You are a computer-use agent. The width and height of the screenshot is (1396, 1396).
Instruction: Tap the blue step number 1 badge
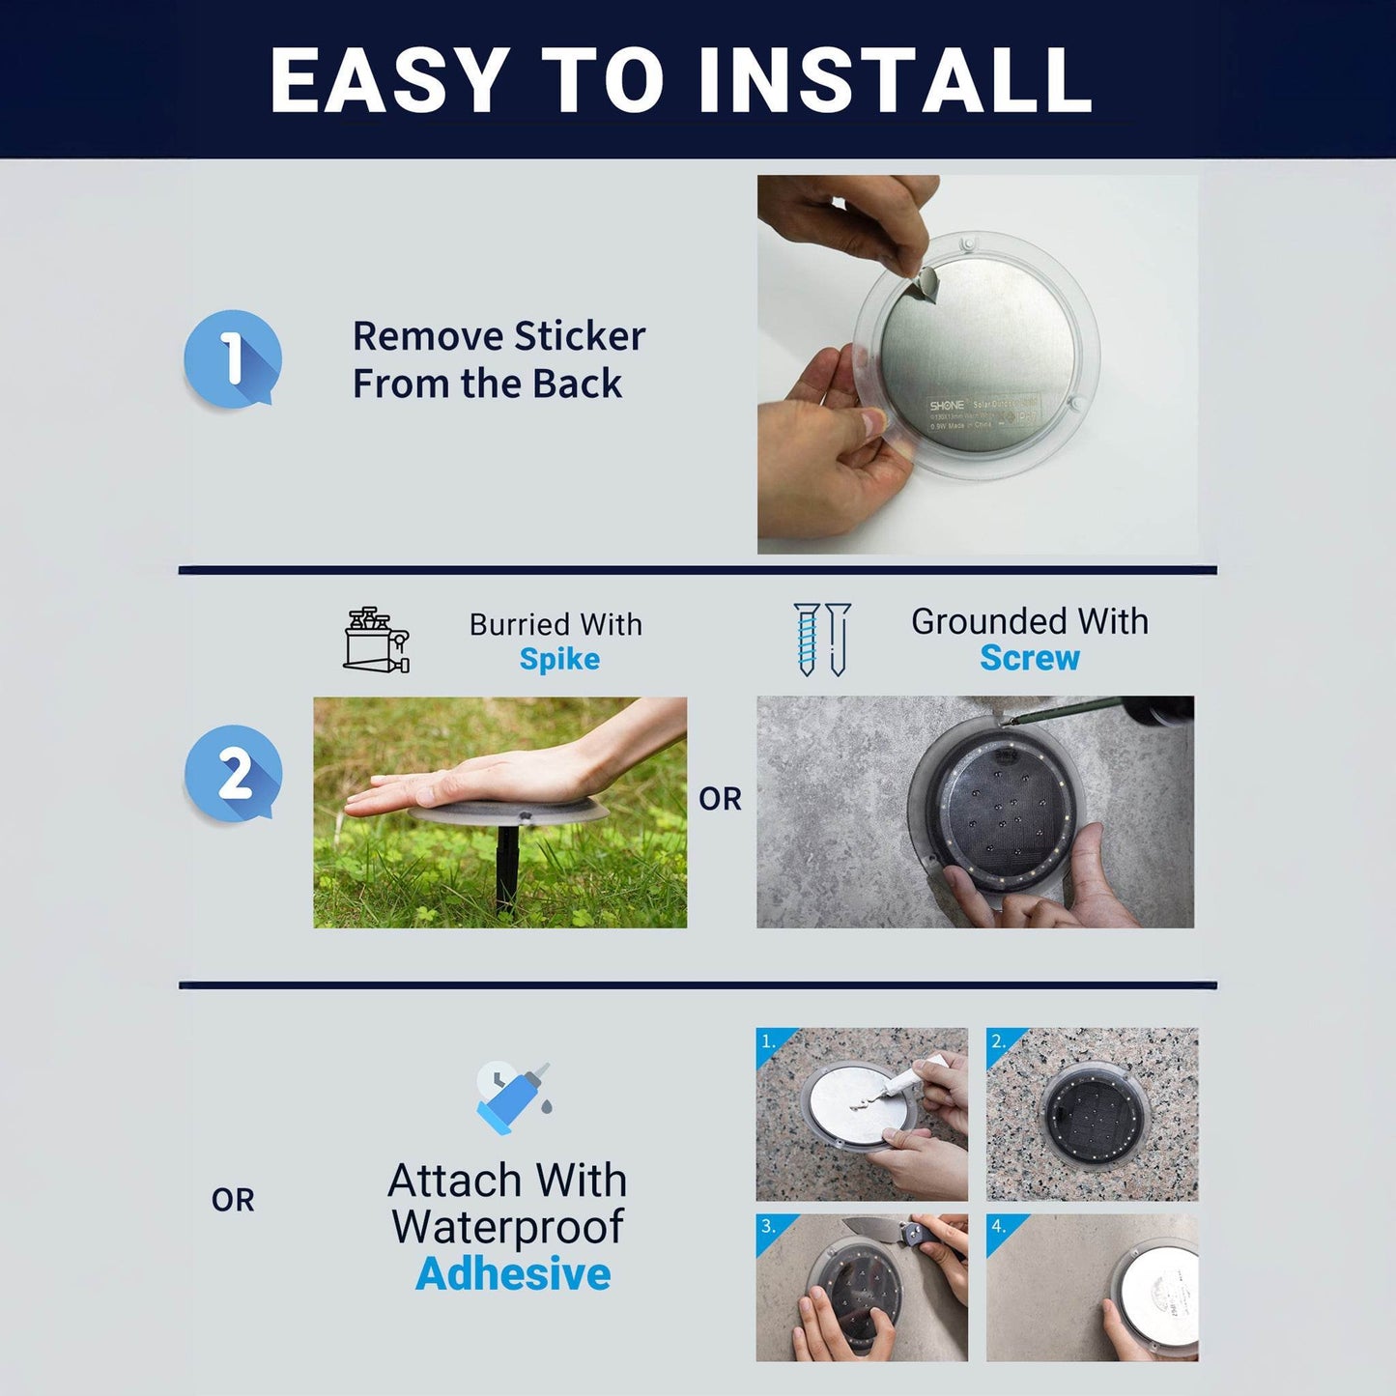233,358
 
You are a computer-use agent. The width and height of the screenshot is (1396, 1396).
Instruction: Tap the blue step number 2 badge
233,774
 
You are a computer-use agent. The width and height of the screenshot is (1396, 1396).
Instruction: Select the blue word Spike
559,660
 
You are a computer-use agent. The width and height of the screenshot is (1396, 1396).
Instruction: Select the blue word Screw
1029,658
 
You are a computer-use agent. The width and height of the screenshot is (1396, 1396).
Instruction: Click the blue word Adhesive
513,1274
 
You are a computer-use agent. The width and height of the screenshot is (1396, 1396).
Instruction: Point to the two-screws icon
822,639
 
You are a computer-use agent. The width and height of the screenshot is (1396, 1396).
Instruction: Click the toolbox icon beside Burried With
377,640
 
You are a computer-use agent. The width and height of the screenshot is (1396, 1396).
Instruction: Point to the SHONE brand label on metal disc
947,405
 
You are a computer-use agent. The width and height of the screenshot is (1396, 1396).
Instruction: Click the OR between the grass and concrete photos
720,799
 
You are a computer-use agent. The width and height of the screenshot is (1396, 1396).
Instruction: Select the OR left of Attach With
233,1200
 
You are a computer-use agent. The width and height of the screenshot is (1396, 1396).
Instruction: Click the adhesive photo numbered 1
862,1114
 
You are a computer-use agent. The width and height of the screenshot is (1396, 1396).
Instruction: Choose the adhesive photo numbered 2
1092,1114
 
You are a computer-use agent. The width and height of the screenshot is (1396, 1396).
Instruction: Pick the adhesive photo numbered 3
862,1288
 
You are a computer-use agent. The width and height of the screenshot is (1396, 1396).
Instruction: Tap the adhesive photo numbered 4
1092,1288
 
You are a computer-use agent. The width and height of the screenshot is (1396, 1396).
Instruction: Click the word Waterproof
507,1227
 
